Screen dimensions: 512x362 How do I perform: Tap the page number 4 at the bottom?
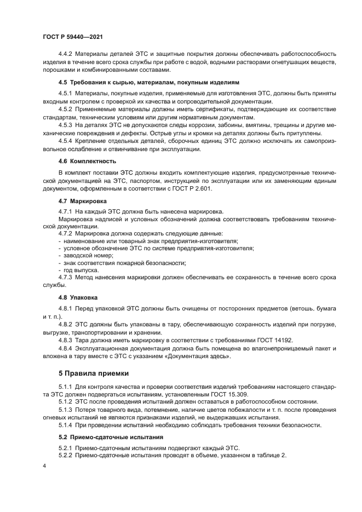point(44,465)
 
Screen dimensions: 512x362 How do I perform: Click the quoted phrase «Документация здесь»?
point(199,356)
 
